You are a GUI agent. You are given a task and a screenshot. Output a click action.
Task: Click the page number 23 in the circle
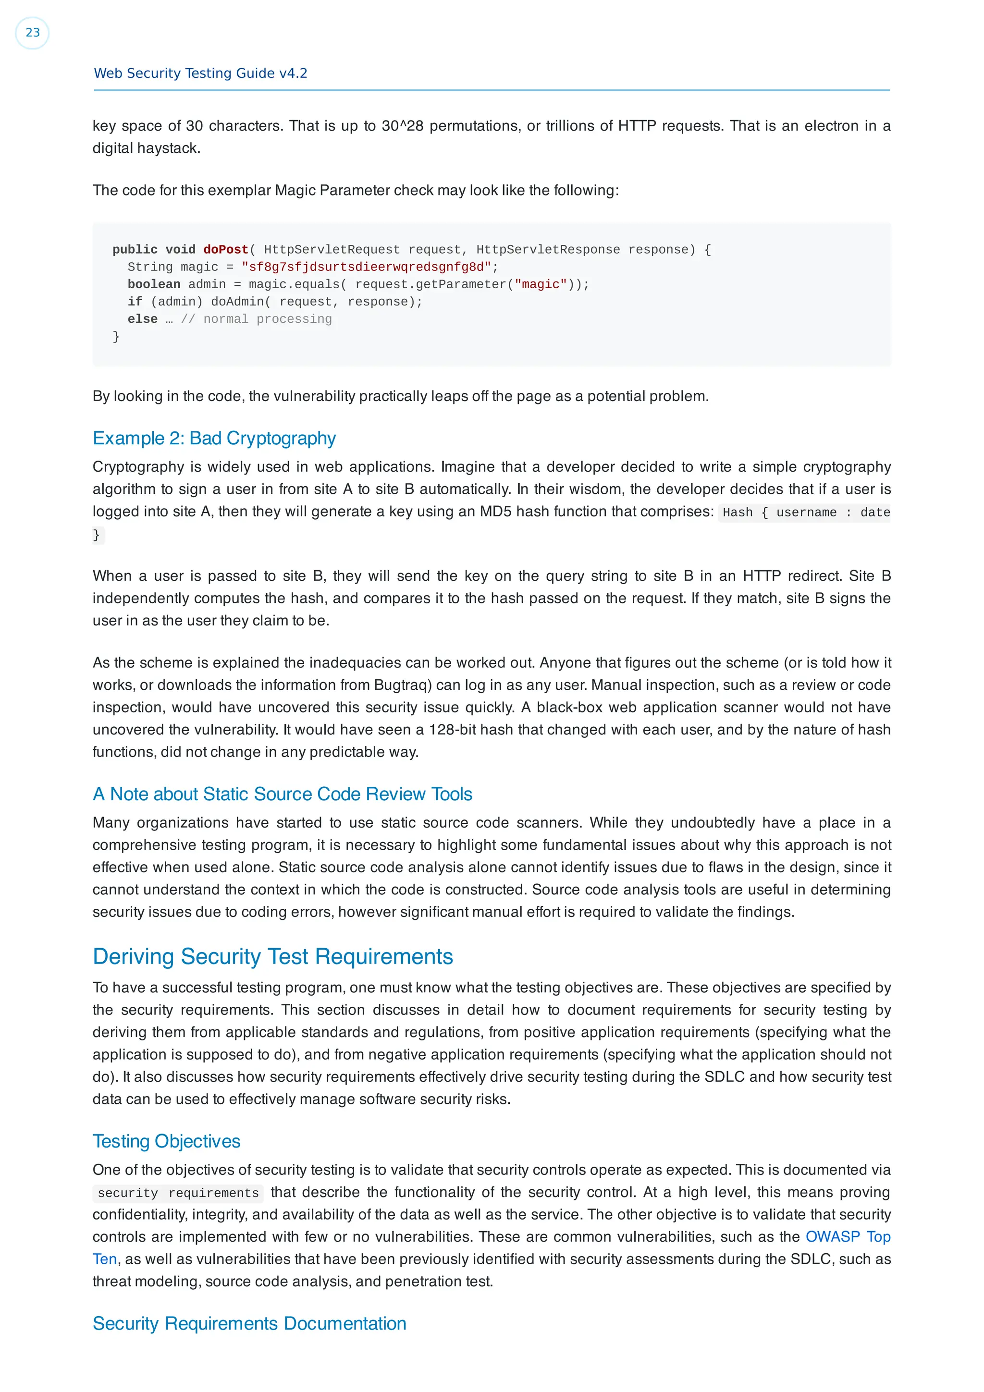point(32,33)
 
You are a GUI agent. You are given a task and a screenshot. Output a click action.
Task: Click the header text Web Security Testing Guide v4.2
point(201,73)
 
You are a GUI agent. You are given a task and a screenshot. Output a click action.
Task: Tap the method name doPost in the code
point(225,250)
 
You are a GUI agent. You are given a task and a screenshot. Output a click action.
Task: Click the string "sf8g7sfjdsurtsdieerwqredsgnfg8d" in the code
point(366,268)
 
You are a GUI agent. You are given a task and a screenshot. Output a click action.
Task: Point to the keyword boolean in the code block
point(153,284)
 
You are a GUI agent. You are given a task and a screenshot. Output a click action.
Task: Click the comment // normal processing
point(257,319)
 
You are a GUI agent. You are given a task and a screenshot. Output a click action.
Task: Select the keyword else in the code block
point(143,319)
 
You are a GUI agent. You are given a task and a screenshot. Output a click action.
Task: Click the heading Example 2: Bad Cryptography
point(214,439)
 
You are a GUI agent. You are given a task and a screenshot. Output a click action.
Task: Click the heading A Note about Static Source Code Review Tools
point(283,794)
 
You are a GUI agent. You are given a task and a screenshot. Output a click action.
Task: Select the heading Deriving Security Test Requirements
point(273,957)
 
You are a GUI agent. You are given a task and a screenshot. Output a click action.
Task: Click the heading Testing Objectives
point(167,1142)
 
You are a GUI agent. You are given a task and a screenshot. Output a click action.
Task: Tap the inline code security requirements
point(178,1193)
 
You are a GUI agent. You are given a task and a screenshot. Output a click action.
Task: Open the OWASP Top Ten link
point(847,1237)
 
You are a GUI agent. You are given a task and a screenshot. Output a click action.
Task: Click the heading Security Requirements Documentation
point(249,1323)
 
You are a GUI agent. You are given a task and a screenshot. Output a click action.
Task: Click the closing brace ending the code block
point(116,337)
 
